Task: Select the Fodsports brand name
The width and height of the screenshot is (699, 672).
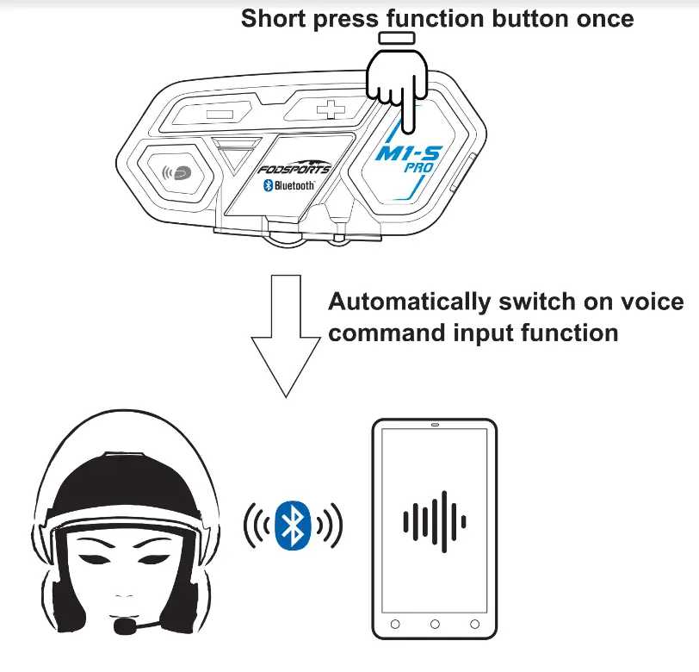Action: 295,168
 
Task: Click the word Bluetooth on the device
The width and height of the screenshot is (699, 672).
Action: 294,184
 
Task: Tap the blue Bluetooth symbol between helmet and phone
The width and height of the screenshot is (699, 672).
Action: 294,523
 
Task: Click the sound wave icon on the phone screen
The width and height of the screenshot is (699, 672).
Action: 435,520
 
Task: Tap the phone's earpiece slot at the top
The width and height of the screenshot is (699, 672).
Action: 435,426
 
